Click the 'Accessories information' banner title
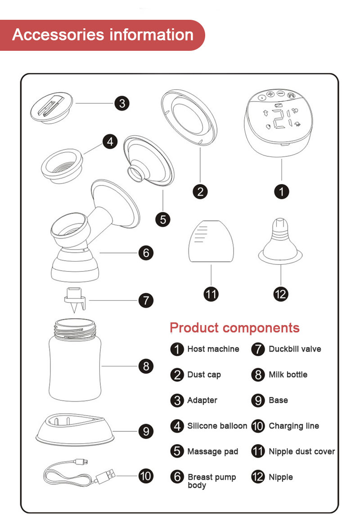(x=103, y=35)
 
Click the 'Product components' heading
(x=234, y=328)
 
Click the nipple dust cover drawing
(x=211, y=242)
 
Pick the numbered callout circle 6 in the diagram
(x=145, y=253)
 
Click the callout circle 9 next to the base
(x=145, y=432)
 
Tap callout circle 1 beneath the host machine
(x=282, y=192)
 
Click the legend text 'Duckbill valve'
(x=295, y=349)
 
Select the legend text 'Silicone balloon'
(x=217, y=426)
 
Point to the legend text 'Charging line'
(x=293, y=426)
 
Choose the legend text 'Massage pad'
(x=212, y=451)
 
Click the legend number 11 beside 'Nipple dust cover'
(x=258, y=451)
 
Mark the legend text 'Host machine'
(x=213, y=349)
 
